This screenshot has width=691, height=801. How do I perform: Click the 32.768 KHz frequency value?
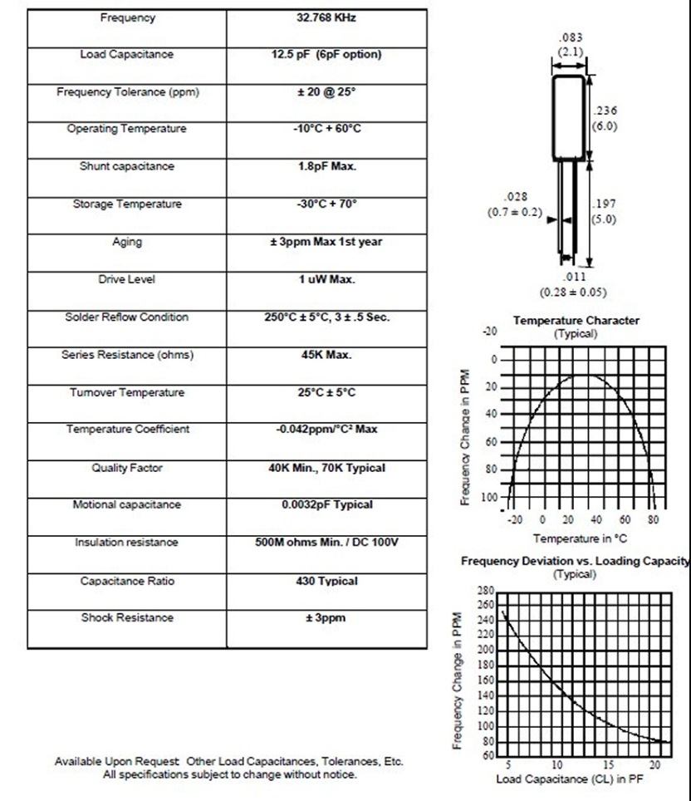326,18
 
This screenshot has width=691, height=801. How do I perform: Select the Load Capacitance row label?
127,55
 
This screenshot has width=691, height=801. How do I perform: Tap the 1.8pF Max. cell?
326,166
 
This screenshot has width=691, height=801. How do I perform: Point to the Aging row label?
127,242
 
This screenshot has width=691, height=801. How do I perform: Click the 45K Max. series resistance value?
326,355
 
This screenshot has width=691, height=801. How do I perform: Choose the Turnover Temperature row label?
127,392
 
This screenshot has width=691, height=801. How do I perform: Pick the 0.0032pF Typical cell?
326,504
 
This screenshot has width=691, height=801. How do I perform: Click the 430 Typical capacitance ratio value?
326,581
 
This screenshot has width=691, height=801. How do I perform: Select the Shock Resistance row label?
127,617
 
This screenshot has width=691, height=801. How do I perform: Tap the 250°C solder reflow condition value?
326,317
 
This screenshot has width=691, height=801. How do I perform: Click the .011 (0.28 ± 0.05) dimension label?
573,285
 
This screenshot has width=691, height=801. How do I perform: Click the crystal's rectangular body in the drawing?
570,116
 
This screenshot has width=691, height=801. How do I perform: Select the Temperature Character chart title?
576,320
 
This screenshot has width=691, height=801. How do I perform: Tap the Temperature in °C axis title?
581,538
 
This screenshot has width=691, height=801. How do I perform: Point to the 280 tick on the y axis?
484,590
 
